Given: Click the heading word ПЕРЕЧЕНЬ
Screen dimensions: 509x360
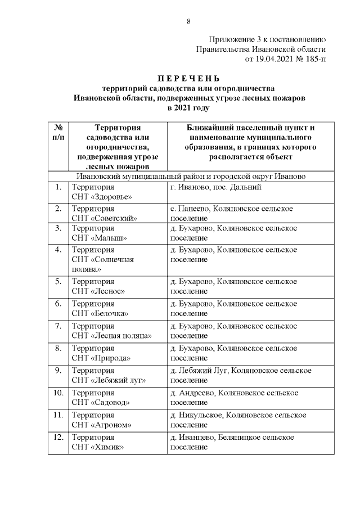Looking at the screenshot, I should click(188, 78).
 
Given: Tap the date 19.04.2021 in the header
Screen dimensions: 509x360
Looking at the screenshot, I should click(264, 58).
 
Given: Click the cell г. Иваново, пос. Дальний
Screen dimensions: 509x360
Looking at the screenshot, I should click(215, 187).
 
